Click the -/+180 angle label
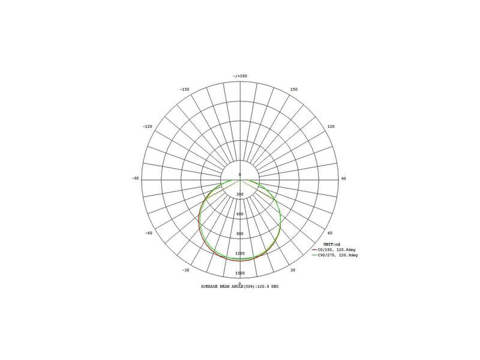click(240, 76)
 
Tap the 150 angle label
click(293, 89)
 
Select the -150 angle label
click(184, 89)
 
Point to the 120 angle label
click(331, 127)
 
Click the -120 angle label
click(147, 127)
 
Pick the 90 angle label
click(343, 178)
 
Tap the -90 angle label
click(135, 178)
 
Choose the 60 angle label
click(329, 233)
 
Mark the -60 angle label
click(148, 233)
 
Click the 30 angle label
click(293, 270)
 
